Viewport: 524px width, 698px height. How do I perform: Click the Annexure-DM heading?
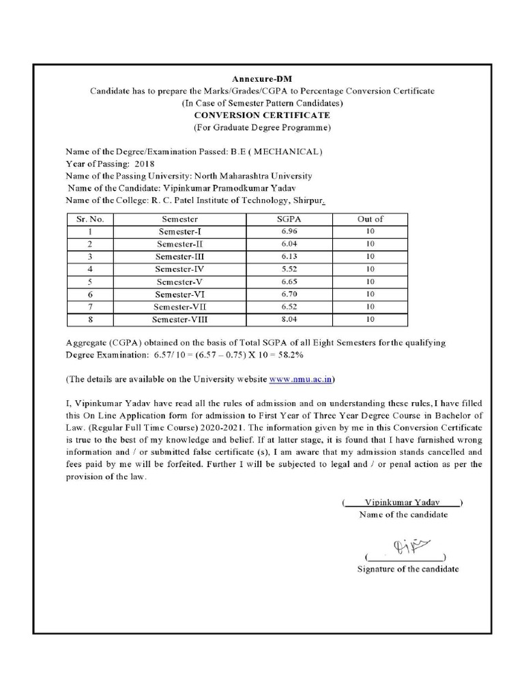click(x=262, y=80)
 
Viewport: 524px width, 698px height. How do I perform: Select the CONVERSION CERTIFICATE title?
click(x=262, y=115)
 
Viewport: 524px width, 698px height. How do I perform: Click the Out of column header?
click(x=370, y=219)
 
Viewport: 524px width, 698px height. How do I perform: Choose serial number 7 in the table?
click(x=89, y=307)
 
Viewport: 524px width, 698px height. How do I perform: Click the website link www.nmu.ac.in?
click(x=302, y=378)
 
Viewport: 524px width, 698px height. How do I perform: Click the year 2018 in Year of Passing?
click(x=145, y=164)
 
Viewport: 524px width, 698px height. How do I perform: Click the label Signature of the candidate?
click(x=408, y=569)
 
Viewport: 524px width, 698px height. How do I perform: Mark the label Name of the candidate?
click(x=403, y=515)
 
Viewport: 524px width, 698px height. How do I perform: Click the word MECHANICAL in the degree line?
click(x=285, y=151)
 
